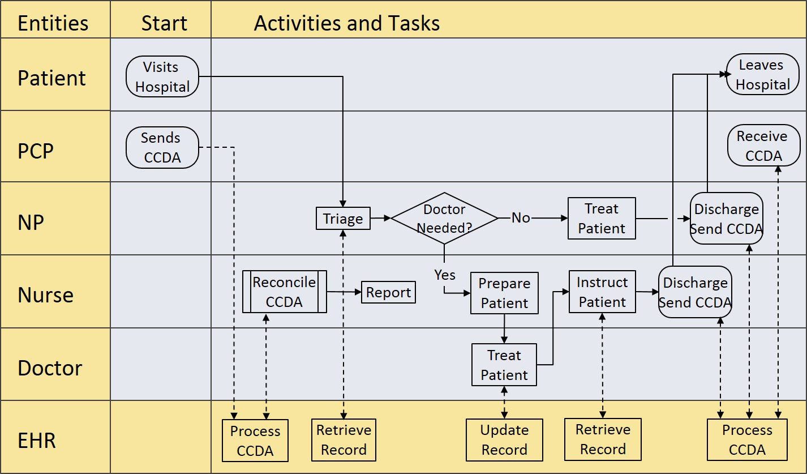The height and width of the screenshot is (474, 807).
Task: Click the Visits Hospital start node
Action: point(162,76)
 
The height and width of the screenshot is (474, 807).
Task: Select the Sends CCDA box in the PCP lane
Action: point(162,147)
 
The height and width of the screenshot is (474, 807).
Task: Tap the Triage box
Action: point(343,219)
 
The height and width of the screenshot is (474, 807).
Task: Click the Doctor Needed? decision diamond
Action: point(444,219)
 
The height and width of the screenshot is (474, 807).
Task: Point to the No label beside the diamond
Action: point(521,218)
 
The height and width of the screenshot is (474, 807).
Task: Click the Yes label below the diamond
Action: point(445,275)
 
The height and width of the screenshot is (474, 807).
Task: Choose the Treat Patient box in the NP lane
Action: point(602,219)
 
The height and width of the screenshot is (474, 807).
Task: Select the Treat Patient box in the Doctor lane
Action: point(504,365)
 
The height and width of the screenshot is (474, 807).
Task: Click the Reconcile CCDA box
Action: point(284,292)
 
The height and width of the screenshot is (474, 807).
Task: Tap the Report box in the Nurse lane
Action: point(388,292)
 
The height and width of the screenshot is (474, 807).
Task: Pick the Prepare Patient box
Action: point(504,293)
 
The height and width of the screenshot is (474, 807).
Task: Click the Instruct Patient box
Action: point(602,292)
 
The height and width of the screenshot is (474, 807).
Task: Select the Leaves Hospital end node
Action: point(762,74)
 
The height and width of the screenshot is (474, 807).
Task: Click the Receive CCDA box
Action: point(763,146)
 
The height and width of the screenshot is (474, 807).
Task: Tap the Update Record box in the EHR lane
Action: point(504,440)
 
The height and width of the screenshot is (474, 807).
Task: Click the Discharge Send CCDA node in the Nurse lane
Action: point(695,292)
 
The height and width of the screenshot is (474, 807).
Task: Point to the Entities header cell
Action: point(53,23)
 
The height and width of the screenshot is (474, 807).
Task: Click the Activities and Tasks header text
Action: point(346,23)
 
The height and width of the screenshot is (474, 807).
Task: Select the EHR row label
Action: point(37,440)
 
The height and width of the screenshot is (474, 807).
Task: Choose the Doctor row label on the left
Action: point(50,368)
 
